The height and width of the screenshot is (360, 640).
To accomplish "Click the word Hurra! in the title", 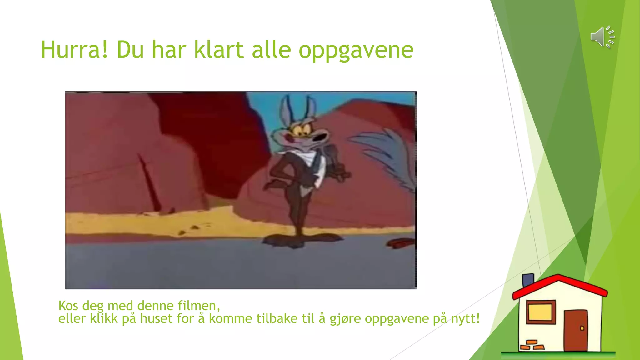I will point(74,50).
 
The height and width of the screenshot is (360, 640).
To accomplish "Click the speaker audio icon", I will point(602,37).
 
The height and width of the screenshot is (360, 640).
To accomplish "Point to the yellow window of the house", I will point(540,312).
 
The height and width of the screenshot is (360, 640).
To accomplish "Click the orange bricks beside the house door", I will point(532,345).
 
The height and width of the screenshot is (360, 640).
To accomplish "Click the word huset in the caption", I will point(156,319).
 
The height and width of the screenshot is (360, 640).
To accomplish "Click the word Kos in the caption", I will point(68,306).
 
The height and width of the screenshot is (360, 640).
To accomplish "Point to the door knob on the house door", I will point(582,328).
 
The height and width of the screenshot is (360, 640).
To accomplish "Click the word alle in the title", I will point(271,50).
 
